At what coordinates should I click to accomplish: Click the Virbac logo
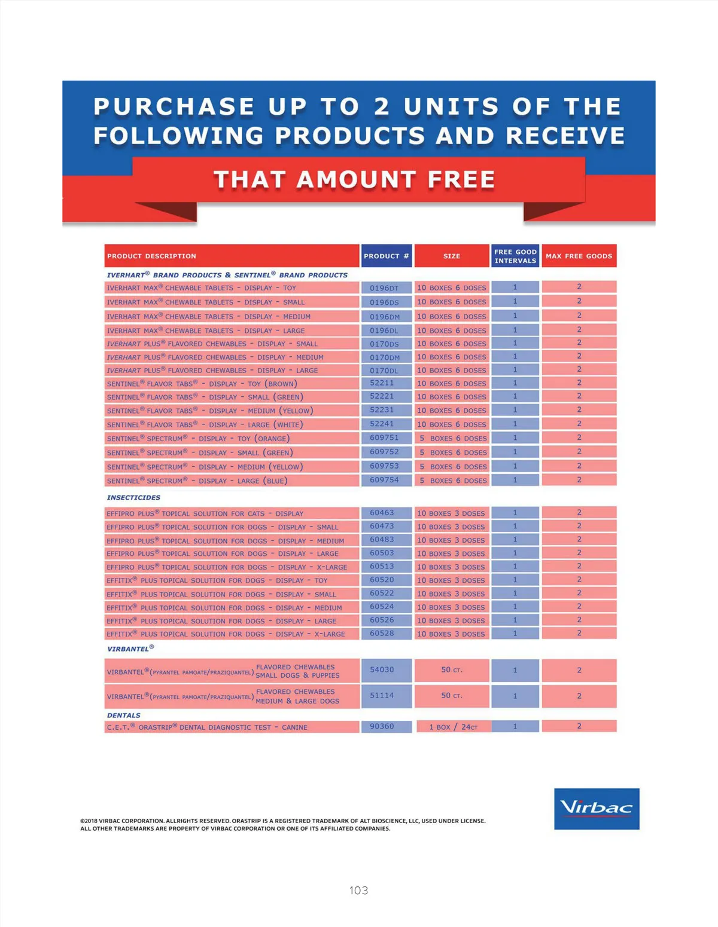pos(597,809)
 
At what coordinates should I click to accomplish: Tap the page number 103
pos(358,890)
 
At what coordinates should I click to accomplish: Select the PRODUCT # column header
pos(386,256)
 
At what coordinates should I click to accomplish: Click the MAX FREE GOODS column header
pos(579,256)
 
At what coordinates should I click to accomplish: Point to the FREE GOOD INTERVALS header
pos(515,256)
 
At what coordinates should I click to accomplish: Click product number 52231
pos(382,410)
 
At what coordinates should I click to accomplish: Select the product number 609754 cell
pos(384,480)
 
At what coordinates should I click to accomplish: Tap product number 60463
pos(382,513)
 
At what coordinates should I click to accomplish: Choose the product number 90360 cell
pos(382,726)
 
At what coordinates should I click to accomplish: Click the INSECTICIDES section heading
pos(133,497)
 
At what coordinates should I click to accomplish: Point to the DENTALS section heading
pos(124,715)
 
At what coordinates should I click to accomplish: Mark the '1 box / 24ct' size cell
pos(453,727)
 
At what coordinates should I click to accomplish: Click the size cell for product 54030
pos(452,670)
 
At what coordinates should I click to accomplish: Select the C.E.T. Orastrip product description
pos(207,727)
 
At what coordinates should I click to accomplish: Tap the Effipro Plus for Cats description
pos(205,513)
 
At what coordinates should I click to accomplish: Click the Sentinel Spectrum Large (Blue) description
pos(197,481)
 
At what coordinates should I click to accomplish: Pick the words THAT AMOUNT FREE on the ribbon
pos(354,179)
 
